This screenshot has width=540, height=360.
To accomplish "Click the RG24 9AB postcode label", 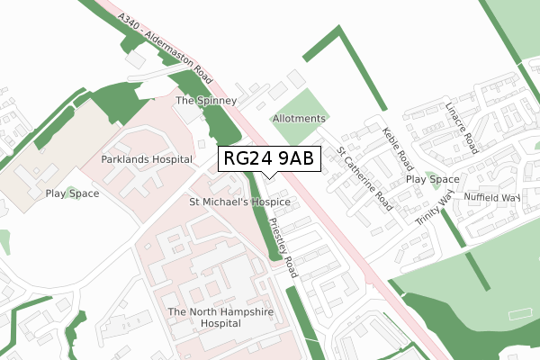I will pyautogui.click(x=268, y=159).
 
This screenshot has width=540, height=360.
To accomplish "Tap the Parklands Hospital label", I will pyautogui.click(x=147, y=159).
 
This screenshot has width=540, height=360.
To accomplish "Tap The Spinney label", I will pyautogui.click(x=206, y=101).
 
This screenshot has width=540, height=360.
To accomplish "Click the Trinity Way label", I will pyautogui.click(x=433, y=213).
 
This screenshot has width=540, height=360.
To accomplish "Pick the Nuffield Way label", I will pyautogui.click(x=492, y=197).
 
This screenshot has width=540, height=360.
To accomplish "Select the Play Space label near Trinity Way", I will pyautogui.click(x=432, y=179).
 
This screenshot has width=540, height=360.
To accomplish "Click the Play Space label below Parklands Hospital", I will pyautogui.click(x=72, y=193).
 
